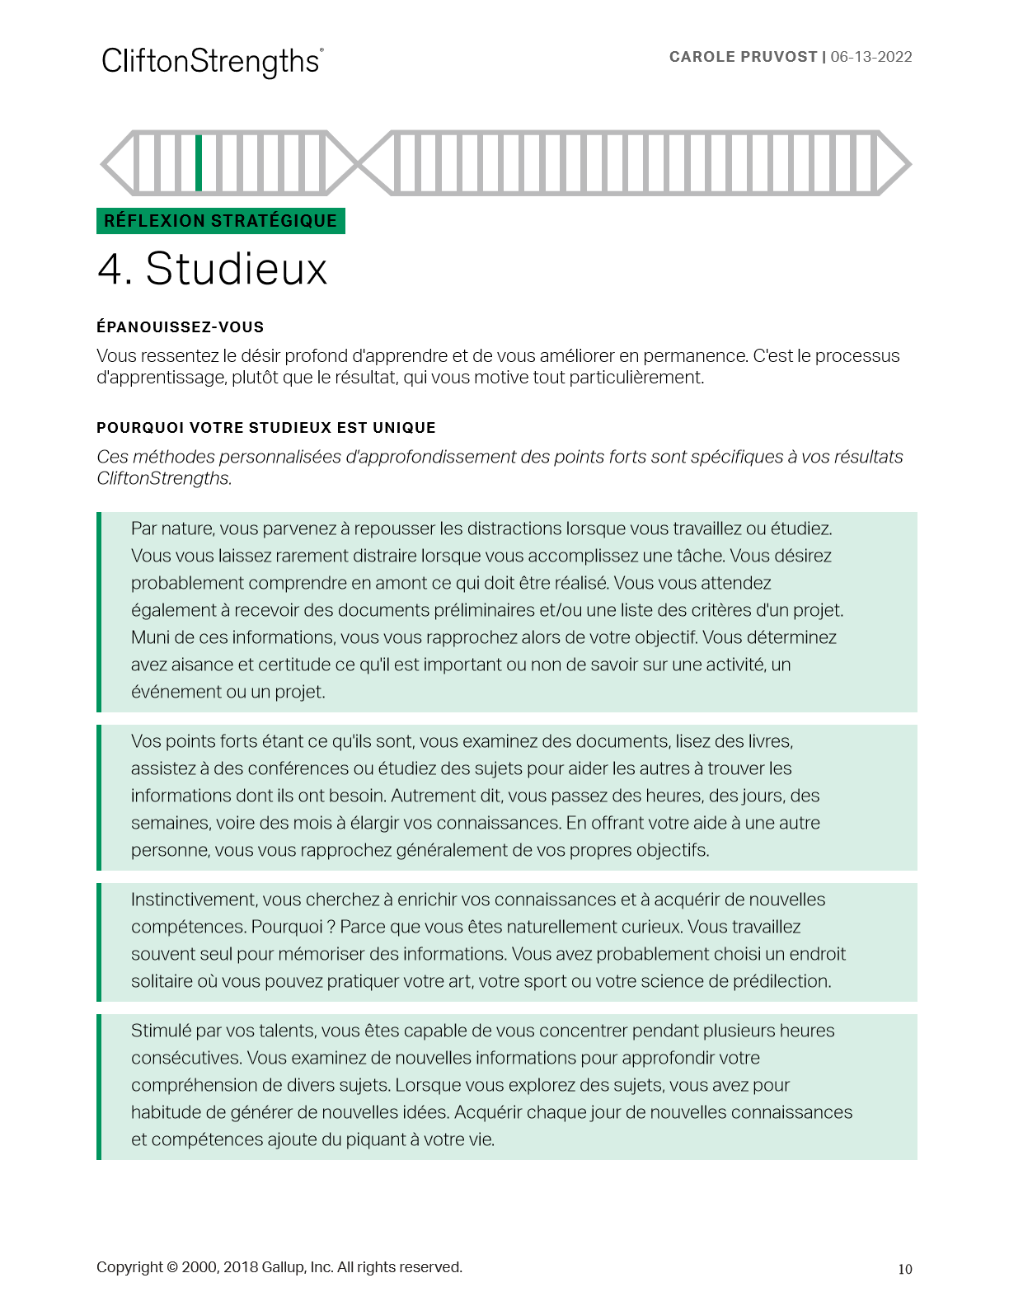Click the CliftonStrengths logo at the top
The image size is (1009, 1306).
click(x=212, y=62)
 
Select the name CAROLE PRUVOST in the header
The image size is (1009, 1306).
click(x=743, y=57)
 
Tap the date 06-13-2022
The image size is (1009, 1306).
click(x=871, y=57)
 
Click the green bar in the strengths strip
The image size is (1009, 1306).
click(x=199, y=162)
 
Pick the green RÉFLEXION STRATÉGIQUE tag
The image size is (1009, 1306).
click(x=220, y=221)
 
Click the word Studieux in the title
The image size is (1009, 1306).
click(x=237, y=269)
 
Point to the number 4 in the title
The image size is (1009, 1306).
click(x=111, y=269)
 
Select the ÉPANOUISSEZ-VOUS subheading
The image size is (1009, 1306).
click(x=180, y=327)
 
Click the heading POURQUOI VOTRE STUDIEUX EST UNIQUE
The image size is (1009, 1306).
click(x=265, y=428)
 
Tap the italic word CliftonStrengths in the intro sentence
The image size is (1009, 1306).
click(x=163, y=478)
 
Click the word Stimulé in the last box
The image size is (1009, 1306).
click(x=162, y=1031)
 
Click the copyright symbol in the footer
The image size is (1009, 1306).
click(x=172, y=1267)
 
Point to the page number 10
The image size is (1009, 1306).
click(x=904, y=1269)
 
